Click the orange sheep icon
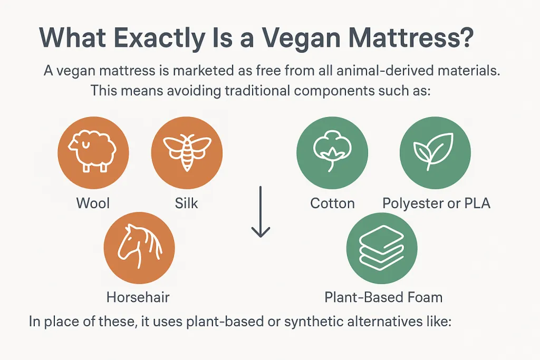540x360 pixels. [x=93, y=152]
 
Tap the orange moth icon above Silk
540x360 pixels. [x=187, y=152]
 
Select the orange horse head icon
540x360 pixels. [x=139, y=248]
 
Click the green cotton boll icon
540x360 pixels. [x=332, y=152]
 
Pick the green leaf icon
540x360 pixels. [x=435, y=152]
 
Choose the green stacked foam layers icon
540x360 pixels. [x=382, y=248]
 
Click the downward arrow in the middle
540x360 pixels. [x=261, y=212]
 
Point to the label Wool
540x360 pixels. [x=93, y=203]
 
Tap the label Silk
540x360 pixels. [x=186, y=203]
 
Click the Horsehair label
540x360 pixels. [x=138, y=297]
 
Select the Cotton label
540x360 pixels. [x=332, y=203]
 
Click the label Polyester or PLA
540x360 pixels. [x=436, y=203]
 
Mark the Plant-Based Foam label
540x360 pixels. [x=383, y=297]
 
